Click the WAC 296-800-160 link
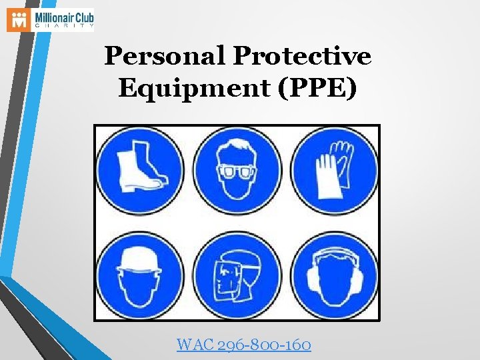[243, 345]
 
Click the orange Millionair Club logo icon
[19, 20]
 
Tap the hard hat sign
[139, 275]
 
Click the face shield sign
[237, 275]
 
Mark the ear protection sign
[335, 275]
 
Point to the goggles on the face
[237, 173]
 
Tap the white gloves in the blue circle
[333, 171]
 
